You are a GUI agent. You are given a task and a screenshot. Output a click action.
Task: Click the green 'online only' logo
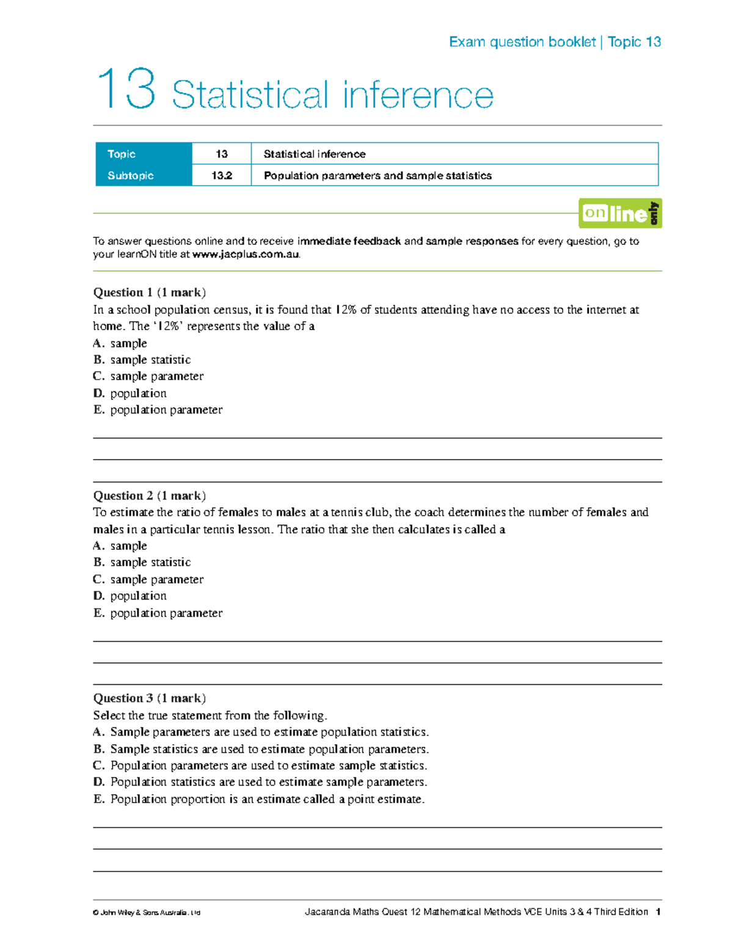(x=620, y=214)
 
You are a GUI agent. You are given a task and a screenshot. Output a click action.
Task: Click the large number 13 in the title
(x=127, y=90)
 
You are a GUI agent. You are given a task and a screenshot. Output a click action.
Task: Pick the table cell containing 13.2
(x=222, y=176)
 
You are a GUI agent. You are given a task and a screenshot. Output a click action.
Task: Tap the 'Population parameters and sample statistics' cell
(x=377, y=176)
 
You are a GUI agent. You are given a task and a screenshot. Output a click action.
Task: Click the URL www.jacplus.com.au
(x=246, y=255)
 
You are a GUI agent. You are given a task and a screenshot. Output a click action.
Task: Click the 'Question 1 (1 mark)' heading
(x=149, y=292)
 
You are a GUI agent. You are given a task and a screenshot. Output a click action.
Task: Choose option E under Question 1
(x=158, y=410)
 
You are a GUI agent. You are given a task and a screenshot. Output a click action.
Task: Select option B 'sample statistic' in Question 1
(x=142, y=360)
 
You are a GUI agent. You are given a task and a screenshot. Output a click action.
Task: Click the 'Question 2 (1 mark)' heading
(x=149, y=496)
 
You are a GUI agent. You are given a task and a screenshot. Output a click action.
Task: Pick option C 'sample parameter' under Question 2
(x=148, y=579)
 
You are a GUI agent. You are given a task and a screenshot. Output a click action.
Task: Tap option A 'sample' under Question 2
(x=120, y=546)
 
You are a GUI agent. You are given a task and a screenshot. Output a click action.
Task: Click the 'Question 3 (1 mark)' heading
(x=149, y=698)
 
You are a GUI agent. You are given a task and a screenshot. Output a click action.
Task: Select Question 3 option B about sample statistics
(x=261, y=749)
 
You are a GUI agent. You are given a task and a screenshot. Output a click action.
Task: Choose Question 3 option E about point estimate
(x=258, y=800)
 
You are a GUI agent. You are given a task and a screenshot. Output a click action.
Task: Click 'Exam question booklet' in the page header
(x=522, y=42)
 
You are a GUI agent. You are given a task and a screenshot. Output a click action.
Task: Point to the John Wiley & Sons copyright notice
(x=147, y=913)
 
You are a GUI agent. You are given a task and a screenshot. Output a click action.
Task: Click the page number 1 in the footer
(x=658, y=912)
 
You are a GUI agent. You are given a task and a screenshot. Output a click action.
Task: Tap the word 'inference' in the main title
(x=418, y=96)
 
